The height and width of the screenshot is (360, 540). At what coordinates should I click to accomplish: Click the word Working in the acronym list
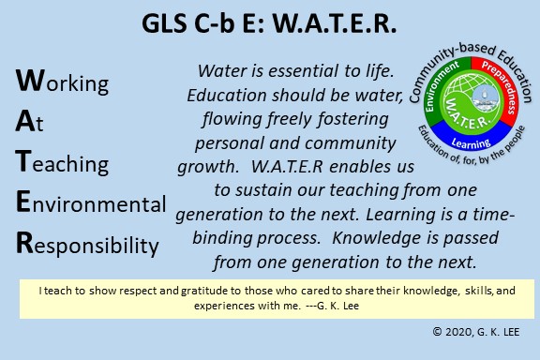62,82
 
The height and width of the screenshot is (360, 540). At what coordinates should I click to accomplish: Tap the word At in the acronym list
29,122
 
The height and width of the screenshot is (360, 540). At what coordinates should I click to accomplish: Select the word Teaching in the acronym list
62,162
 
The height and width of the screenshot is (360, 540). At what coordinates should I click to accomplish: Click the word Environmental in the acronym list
91,202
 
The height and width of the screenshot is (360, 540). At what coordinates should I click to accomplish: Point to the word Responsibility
87,244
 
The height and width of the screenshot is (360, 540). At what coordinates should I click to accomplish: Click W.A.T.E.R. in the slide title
335,23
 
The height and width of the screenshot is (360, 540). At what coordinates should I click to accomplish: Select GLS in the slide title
164,23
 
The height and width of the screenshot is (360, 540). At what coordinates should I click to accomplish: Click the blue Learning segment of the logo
472,137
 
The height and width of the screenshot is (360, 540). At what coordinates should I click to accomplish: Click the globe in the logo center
471,100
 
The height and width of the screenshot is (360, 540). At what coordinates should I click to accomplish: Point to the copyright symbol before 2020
437,332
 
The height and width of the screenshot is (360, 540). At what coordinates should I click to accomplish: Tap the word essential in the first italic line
303,71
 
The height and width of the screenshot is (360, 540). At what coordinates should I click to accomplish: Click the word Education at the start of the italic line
227,95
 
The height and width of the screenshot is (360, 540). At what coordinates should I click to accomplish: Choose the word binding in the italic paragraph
222,238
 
